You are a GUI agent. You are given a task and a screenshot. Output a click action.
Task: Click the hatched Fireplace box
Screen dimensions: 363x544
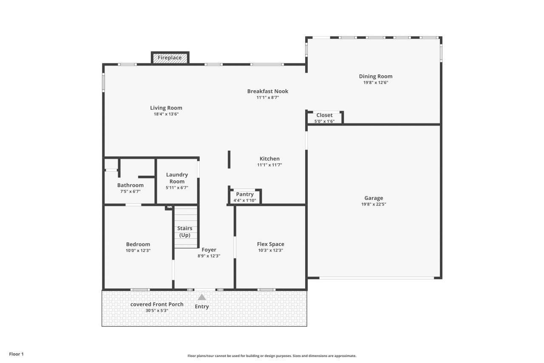click(x=170, y=58)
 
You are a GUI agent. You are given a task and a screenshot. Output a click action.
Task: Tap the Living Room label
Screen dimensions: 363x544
click(x=166, y=108)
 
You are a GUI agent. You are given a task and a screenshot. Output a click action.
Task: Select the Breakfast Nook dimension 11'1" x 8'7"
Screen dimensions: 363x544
click(x=268, y=97)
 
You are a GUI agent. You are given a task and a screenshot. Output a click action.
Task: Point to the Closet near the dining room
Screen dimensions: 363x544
click(x=324, y=117)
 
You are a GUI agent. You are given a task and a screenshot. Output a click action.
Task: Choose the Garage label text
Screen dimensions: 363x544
click(x=374, y=198)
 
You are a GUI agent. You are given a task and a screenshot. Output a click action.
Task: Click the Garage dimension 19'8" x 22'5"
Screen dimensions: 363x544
click(x=374, y=204)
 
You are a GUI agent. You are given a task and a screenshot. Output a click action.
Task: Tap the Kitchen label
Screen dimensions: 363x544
click(x=269, y=159)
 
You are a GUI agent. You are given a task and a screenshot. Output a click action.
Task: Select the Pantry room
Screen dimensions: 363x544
click(x=245, y=197)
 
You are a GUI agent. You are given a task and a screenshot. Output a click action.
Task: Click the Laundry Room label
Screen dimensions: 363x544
click(x=177, y=178)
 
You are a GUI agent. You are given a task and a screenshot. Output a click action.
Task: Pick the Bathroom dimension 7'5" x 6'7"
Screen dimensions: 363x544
click(x=130, y=192)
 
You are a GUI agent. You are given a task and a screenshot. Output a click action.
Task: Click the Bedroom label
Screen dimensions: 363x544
click(x=138, y=244)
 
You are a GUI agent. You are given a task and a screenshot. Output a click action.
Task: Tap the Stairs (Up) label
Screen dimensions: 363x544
click(x=185, y=232)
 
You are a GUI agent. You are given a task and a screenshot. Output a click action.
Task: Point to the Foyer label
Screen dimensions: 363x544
click(x=209, y=250)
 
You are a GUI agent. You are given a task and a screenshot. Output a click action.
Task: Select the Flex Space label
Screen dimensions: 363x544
click(x=270, y=244)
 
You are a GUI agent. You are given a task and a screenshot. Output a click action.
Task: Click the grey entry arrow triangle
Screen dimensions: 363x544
click(x=202, y=297)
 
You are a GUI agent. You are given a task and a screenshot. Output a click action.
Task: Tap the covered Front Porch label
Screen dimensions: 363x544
click(x=157, y=304)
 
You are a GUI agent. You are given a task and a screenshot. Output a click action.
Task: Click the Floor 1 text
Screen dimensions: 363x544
click(x=17, y=354)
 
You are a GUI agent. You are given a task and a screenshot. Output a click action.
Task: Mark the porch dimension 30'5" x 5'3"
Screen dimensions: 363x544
click(x=157, y=311)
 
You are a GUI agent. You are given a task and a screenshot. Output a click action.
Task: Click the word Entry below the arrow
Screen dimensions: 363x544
click(x=202, y=306)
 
